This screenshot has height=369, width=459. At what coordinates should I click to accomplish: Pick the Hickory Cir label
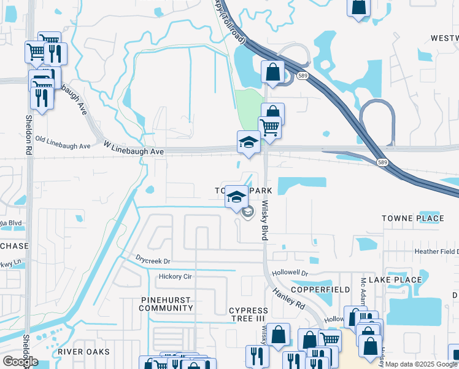tap(175, 277)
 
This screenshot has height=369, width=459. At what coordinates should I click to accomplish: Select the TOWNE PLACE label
tap(412, 218)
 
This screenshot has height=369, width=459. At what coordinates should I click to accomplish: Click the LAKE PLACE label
tap(399, 280)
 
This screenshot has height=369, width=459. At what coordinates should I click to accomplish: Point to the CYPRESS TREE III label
tap(248, 315)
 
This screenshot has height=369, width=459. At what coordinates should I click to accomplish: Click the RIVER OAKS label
tap(84, 352)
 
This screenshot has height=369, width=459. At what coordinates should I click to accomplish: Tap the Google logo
tap(20, 362)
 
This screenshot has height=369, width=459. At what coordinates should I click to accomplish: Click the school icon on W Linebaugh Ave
tap(249, 141)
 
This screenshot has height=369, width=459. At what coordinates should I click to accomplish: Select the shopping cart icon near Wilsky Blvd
tap(269, 127)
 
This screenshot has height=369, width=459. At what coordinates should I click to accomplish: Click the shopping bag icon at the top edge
tap(358, 7)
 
